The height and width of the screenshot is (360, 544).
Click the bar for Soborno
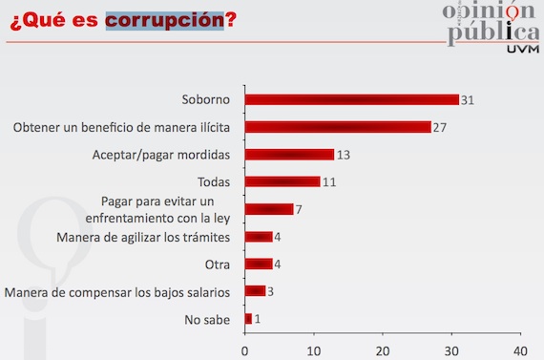click(x=352, y=99)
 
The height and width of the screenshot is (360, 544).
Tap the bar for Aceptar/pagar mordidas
click(x=290, y=154)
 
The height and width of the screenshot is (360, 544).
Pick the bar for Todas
click(x=282, y=181)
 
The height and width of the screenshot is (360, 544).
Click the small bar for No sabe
click(x=248, y=318)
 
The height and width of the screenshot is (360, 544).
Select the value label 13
click(x=345, y=154)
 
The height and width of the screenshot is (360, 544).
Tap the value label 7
click(x=301, y=209)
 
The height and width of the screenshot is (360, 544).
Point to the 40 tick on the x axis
click(x=520, y=349)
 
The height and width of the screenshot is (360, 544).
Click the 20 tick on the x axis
click(x=383, y=349)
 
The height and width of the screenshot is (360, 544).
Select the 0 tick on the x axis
click(x=245, y=349)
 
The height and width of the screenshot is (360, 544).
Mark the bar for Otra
click(x=259, y=264)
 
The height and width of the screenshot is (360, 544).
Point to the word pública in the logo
click(x=488, y=32)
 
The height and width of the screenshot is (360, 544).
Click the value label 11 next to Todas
click(x=330, y=181)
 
